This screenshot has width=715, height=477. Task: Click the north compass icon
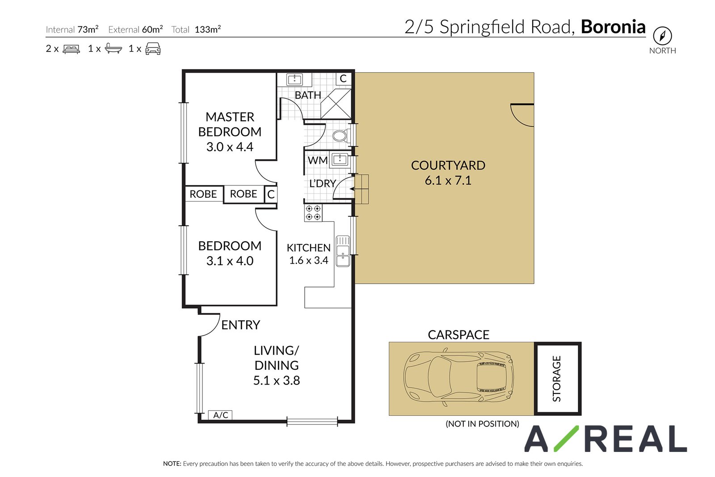(662, 36)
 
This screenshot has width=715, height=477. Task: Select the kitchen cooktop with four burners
(313, 213)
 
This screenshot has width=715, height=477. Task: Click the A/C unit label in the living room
(220, 415)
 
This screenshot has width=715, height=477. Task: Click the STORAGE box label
(556, 379)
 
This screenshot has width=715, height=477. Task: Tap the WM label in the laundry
(318, 160)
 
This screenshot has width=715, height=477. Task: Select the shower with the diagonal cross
(336, 104)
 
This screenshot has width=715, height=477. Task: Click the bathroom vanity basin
(294, 80)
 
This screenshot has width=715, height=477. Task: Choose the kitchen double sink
(343, 251)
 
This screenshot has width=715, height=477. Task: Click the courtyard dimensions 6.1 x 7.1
(448, 181)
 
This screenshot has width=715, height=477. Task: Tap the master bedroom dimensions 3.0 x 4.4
(230, 147)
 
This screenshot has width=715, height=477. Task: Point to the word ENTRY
(241, 325)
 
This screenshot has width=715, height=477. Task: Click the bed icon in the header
(71, 49)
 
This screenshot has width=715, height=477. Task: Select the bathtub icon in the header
(114, 48)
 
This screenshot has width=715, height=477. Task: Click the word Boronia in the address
(613, 27)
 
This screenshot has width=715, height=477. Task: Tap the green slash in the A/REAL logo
(566, 439)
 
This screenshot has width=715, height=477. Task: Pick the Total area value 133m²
(208, 30)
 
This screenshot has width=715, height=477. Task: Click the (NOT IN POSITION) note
(482, 424)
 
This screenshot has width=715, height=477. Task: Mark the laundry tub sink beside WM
(340, 160)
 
